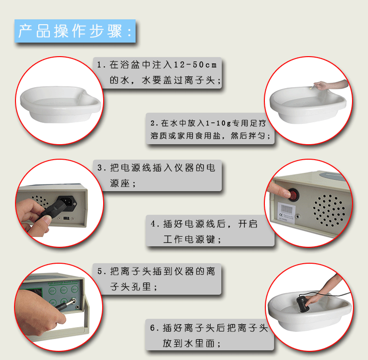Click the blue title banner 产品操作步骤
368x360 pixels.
point(75,31)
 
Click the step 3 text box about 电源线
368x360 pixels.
point(157,175)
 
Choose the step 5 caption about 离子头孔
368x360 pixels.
point(157,279)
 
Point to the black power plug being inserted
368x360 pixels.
point(59,206)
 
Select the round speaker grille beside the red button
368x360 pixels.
point(329,210)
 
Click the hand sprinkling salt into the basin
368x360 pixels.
point(330,85)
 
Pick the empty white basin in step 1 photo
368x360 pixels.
point(61,104)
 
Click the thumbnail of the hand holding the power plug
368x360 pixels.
point(60,203)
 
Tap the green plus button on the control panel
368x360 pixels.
point(63,301)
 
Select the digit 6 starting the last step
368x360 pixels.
point(153,328)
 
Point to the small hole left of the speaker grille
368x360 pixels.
point(298,216)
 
